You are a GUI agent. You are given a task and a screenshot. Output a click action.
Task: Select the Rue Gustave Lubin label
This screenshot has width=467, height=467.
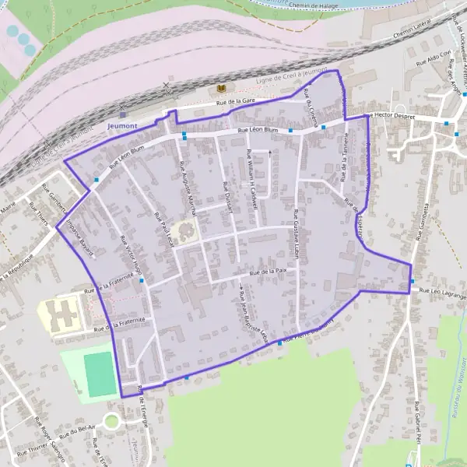297,233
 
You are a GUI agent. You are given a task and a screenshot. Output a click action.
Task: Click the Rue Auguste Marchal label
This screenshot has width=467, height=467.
187,184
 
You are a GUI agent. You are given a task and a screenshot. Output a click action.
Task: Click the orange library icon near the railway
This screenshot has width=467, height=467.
221,90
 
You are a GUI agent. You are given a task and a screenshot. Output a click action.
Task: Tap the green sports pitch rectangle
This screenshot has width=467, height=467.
99,374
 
